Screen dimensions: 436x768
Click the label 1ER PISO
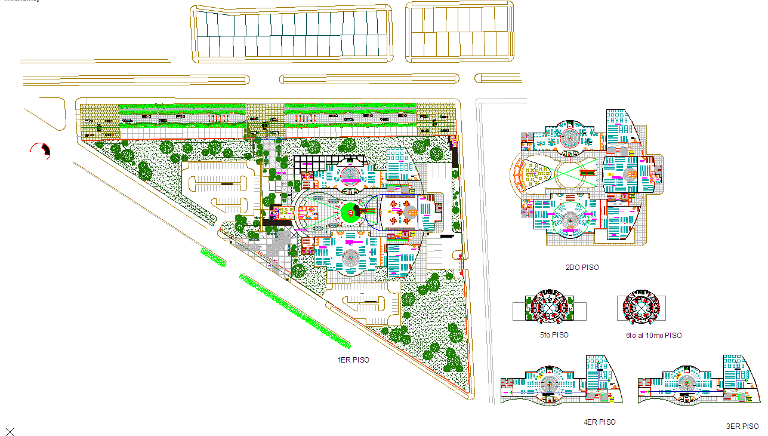coord(353,360)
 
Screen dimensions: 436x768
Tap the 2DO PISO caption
coord(582,268)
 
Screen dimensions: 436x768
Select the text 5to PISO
coord(553,335)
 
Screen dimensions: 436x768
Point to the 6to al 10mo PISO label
coord(653,336)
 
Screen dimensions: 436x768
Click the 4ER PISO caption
coord(599,422)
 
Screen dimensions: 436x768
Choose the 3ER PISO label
coord(742,426)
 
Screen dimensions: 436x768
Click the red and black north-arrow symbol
coord(42,151)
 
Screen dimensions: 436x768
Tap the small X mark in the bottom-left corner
coord(10,431)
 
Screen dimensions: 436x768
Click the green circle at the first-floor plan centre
coord(349,213)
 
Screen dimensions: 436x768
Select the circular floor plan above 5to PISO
coord(550,308)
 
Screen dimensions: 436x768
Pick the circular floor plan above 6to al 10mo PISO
coord(641,308)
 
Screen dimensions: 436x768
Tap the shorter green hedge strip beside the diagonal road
coord(214,257)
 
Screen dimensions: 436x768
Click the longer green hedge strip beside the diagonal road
coord(294,310)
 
